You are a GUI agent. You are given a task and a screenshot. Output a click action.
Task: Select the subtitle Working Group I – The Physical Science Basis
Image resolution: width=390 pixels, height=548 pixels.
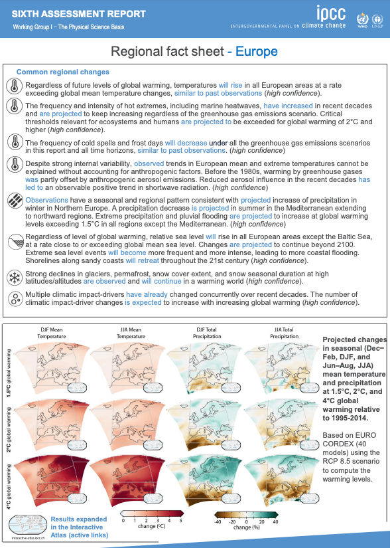coord(68,27)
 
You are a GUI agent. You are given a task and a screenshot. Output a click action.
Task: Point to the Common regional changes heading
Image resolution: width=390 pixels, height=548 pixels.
coord(63,72)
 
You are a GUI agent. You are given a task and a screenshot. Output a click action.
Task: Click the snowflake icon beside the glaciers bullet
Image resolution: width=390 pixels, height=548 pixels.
coord(13,277)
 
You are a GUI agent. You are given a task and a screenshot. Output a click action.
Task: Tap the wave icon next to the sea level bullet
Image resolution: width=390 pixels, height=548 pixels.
coord(13,242)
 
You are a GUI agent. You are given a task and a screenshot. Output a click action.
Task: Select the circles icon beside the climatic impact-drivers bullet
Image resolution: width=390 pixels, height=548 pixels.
coord(13,298)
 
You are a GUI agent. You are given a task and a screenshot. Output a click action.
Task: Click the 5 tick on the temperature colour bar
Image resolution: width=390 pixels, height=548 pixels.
coord(180,521)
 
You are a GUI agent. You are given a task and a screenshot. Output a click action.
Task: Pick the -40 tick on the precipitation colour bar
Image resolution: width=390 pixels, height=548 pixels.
coord(216,521)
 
